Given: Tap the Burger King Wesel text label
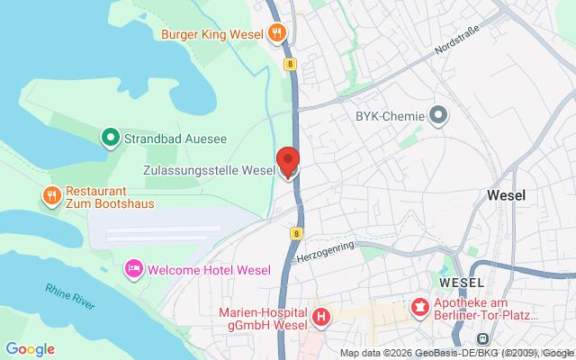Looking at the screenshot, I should point(212,35).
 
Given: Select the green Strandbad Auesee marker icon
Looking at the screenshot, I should point(109,138).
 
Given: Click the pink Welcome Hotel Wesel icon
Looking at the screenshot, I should point(134,268).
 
